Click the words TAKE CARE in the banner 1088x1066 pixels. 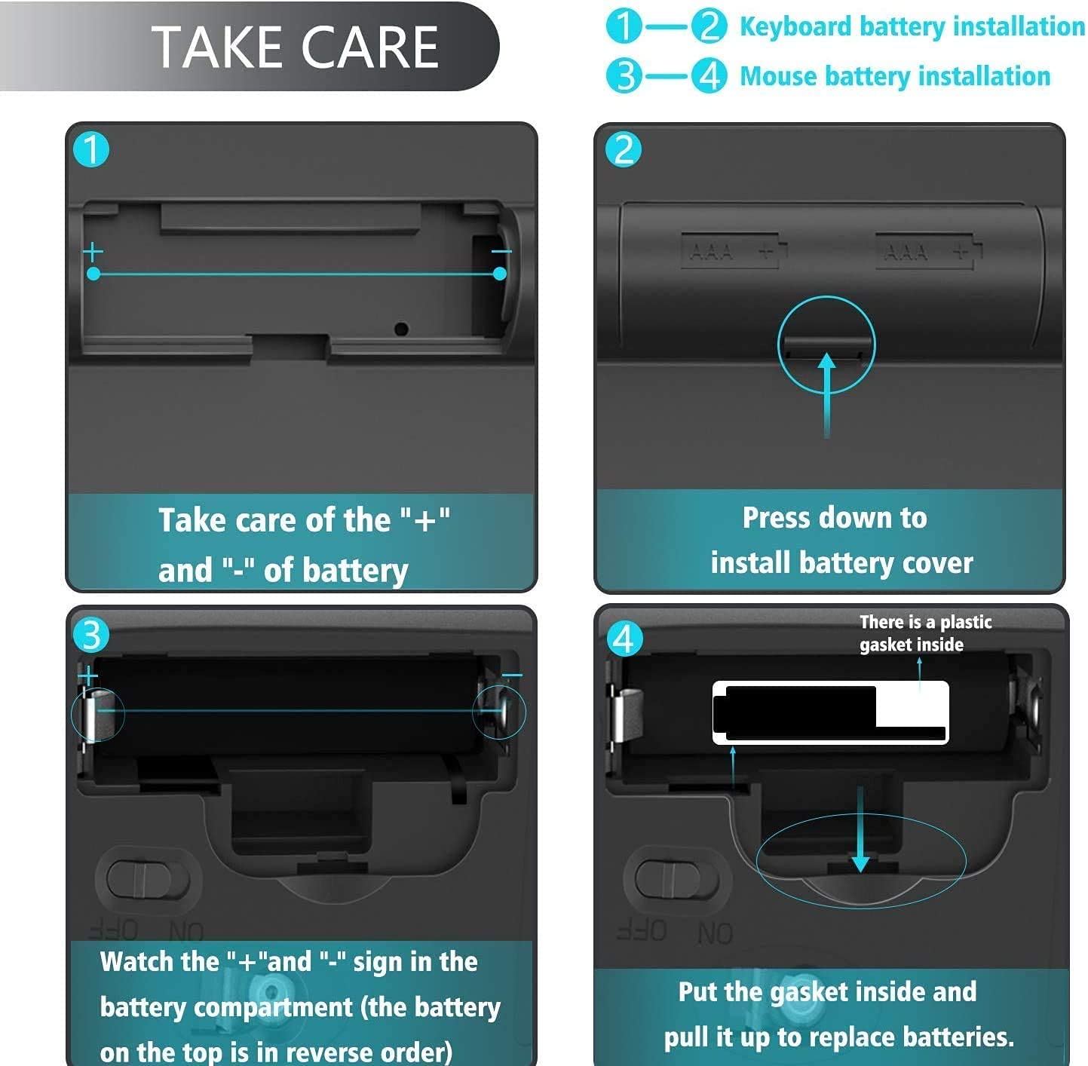295,47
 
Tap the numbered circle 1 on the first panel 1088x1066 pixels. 91,149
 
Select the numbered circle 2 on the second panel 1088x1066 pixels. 624,149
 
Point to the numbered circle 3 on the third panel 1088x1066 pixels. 91,636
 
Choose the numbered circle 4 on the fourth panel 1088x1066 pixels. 624,639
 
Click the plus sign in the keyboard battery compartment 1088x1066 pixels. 93,252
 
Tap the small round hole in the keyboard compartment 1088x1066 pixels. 401,329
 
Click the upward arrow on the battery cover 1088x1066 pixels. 826,395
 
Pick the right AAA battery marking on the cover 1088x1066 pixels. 929,251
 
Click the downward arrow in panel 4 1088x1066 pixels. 860,829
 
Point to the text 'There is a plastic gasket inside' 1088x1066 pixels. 925,633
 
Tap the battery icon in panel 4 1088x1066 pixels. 831,712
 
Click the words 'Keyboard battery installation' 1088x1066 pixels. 912,26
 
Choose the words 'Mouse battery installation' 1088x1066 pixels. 895,76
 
